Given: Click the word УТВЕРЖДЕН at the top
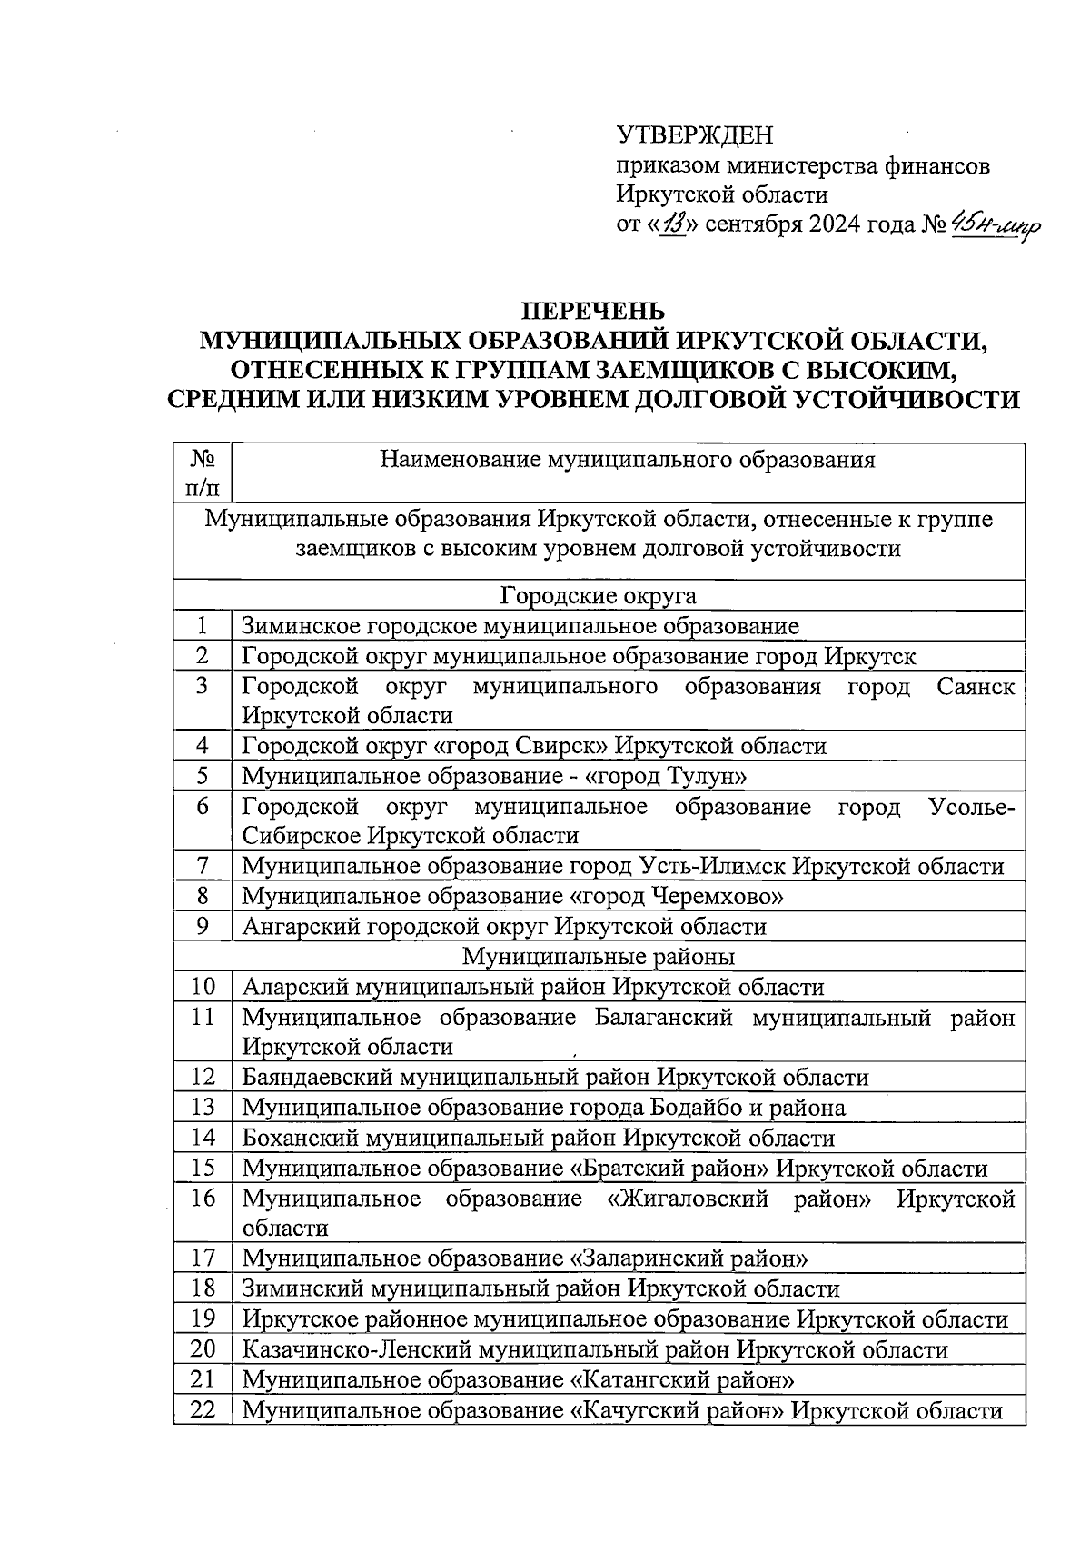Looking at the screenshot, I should [x=695, y=136].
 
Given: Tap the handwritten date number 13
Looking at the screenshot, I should [x=673, y=224].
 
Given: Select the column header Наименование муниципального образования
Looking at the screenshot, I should [x=627, y=460].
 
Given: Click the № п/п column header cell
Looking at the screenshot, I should [x=203, y=473].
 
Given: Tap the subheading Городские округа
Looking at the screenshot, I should [x=599, y=596].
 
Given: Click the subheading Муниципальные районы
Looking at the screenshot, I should [x=599, y=957].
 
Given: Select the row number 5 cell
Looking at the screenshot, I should [x=203, y=776].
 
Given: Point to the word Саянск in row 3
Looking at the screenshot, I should [x=976, y=687].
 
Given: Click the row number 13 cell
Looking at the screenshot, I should [x=203, y=1107].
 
